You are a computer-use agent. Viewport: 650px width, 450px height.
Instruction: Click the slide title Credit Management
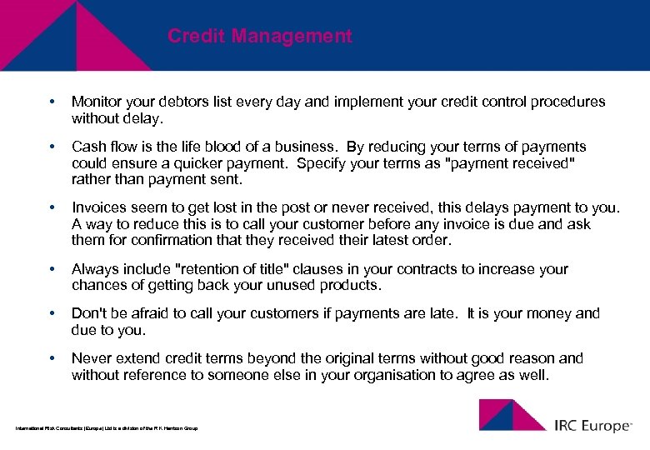click(259, 37)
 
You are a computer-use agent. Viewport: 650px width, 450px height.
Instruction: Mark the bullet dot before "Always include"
click(52, 269)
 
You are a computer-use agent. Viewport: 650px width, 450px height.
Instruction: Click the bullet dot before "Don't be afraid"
click(52, 313)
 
